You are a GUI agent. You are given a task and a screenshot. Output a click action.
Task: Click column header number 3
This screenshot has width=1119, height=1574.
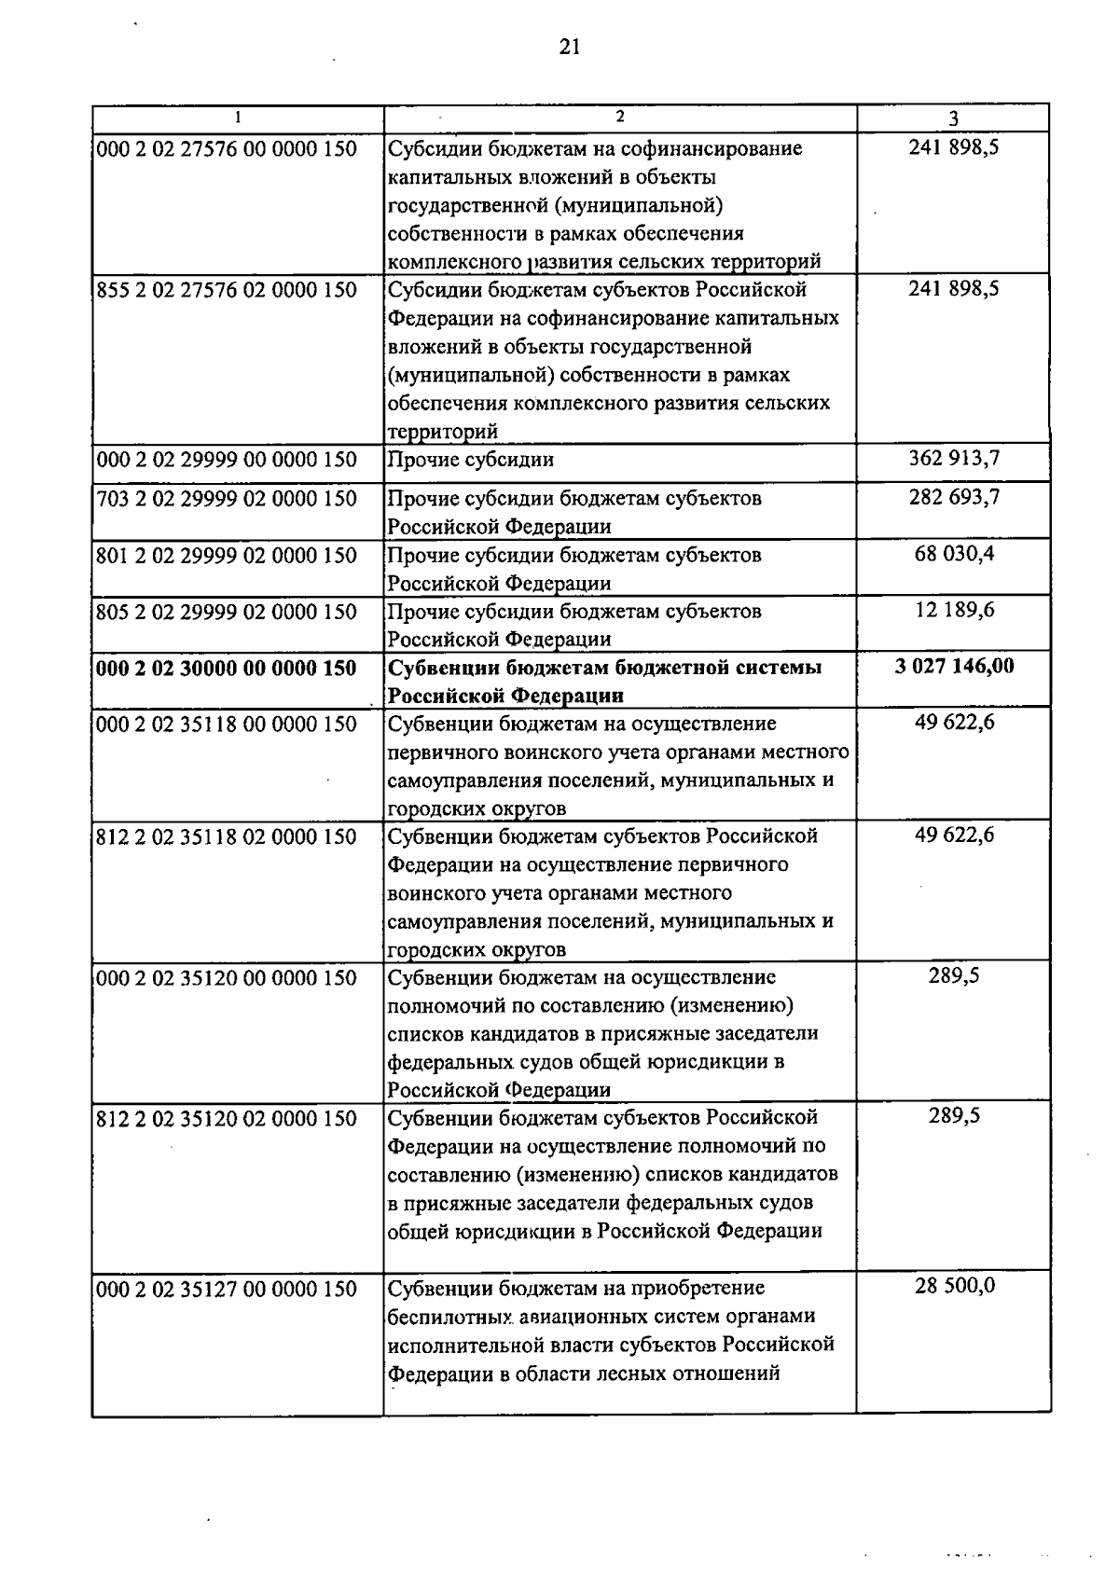952,118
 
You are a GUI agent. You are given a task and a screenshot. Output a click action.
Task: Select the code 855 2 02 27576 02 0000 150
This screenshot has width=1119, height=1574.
227,290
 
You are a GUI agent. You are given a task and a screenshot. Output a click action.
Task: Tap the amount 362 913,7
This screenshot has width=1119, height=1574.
954,458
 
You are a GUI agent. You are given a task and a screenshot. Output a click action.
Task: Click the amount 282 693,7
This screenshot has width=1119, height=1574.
954,497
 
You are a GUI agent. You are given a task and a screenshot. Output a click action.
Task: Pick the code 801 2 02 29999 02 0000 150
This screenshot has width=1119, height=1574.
227,556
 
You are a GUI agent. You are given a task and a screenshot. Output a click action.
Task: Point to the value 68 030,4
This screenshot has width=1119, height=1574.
954,554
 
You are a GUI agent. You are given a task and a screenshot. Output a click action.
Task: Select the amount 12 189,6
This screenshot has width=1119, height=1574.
954,610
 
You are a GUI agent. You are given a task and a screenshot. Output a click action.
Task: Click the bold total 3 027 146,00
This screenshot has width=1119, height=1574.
954,666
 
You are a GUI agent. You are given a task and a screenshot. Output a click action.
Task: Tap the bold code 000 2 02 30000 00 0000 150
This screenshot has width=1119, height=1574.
227,669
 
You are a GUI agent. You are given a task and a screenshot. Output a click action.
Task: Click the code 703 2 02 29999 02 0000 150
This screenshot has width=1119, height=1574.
227,499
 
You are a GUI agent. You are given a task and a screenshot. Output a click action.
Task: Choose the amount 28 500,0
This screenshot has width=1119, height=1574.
954,1286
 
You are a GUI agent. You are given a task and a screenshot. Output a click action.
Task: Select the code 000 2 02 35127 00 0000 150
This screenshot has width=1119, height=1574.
227,1290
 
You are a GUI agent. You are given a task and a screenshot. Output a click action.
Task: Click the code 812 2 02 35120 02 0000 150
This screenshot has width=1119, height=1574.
227,1118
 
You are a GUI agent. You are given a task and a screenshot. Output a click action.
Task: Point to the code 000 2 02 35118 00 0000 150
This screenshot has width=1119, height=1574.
227,725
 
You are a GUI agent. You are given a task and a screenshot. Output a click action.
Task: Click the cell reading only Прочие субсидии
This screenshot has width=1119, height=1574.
470,460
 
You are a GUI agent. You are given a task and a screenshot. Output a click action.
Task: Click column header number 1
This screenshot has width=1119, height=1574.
239,117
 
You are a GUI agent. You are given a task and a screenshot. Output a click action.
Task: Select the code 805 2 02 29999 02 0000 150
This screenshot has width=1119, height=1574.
227,612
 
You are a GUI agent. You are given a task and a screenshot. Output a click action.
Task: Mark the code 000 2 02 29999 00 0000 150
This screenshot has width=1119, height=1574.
227,460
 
